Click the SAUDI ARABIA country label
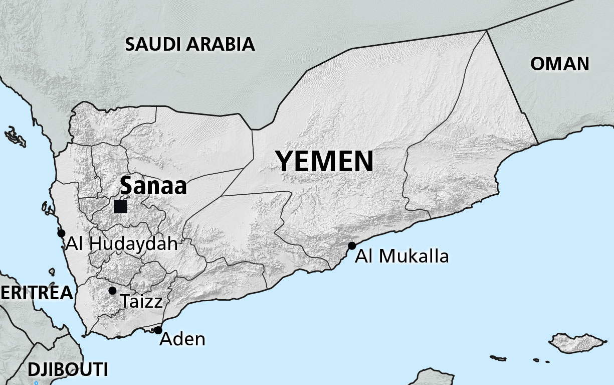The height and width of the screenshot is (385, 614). point(190,44)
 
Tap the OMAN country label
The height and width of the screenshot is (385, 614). point(560,64)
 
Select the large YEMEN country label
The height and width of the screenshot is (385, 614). point(325,162)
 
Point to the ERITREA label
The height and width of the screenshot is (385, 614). point(36,293)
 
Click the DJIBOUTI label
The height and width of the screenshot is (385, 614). point(68,370)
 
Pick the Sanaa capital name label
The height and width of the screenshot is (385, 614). point(153,186)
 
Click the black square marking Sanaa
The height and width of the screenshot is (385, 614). point(120,206)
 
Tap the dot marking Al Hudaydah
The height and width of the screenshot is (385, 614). point(61,233)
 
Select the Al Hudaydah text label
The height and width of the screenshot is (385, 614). point(122,244)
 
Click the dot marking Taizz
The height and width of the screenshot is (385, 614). point(112,291)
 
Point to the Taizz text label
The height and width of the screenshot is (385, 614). point(141,302)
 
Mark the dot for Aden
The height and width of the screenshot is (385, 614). point(158,330)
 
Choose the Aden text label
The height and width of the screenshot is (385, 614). point(182,339)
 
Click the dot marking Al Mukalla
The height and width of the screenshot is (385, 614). point(352,245)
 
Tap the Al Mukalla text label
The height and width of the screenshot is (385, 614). point(402,256)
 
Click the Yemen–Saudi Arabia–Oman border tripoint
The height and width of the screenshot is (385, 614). point(486,30)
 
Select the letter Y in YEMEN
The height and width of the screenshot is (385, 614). point(286,162)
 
